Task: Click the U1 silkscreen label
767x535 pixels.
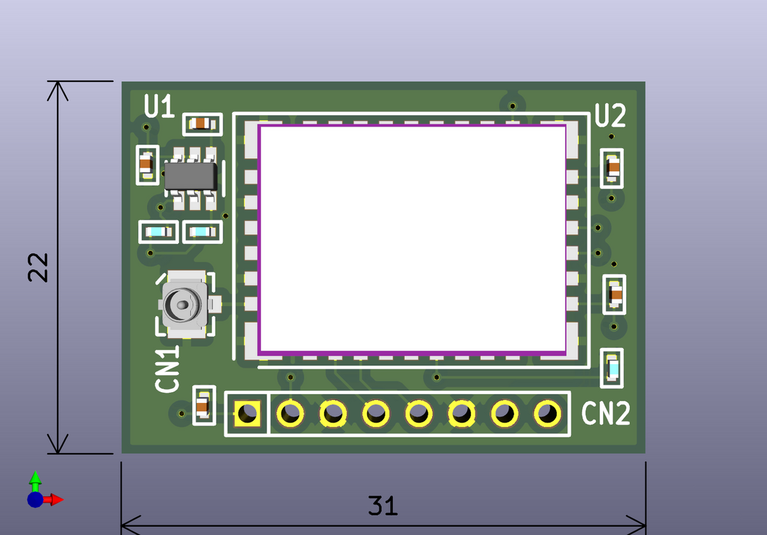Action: (x=159, y=106)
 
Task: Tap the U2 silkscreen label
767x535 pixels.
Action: (x=610, y=115)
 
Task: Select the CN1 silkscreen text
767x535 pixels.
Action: (x=167, y=369)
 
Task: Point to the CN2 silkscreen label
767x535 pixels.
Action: (x=606, y=413)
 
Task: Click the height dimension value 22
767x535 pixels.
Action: (x=38, y=267)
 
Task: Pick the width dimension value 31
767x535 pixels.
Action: (x=383, y=506)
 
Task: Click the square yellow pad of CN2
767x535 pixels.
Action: (x=247, y=413)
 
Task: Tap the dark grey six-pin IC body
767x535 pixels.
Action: (x=190, y=176)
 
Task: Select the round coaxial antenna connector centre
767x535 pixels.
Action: (x=183, y=304)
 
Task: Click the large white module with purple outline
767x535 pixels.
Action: (x=412, y=239)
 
